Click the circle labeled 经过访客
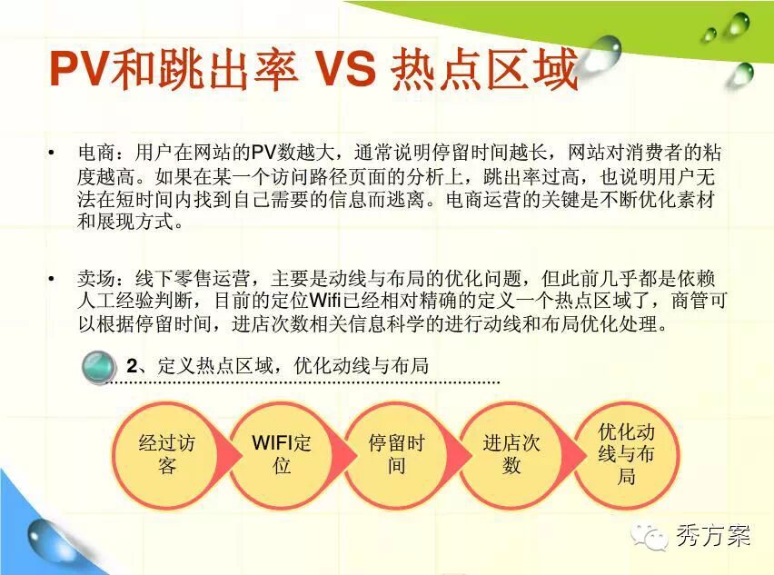click(167, 455)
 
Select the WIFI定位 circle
click(282, 455)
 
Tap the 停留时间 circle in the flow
click(397, 455)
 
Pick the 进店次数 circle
click(511, 455)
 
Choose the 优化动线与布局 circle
click(627, 455)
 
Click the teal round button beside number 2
click(99, 367)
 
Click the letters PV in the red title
click(79, 68)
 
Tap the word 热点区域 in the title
click(484, 68)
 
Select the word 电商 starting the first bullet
click(96, 153)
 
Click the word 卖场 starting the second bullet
click(96, 279)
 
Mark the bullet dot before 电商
click(52, 153)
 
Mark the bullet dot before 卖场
click(52, 280)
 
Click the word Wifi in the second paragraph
click(327, 301)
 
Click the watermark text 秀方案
click(713, 536)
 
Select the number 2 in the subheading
click(132, 366)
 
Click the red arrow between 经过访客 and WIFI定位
click(228, 455)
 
